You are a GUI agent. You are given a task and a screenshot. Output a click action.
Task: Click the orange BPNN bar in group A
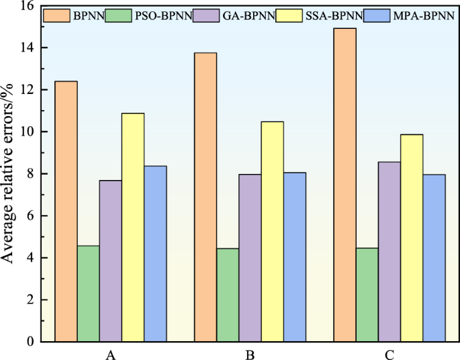[x=66, y=211]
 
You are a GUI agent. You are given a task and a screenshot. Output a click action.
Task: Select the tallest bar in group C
[x=344, y=185]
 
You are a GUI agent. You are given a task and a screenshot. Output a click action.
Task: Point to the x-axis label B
[x=249, y=353]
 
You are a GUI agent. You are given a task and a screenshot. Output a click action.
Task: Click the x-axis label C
[x=389, y=353]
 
